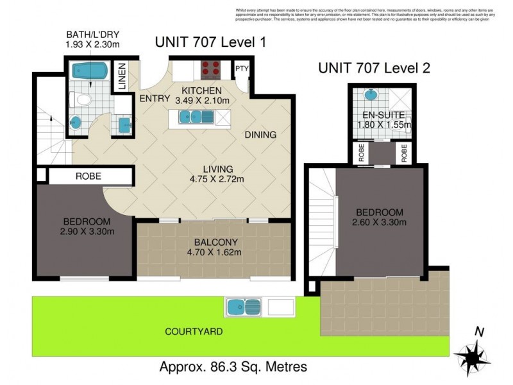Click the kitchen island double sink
pyautogui.click(x=192, y=117)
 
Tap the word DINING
pyautogui.click(x=260, y=135)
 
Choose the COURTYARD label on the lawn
pyautogui.click(x=194, y=332)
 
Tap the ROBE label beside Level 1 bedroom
pyautogui.click(x=88, y=175)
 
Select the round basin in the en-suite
pyautogui.click(x=371, y=96)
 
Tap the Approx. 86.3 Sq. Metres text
pyautogui.click(x=233, y=368)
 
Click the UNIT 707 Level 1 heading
pyautogui.click(x=210, y=43)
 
